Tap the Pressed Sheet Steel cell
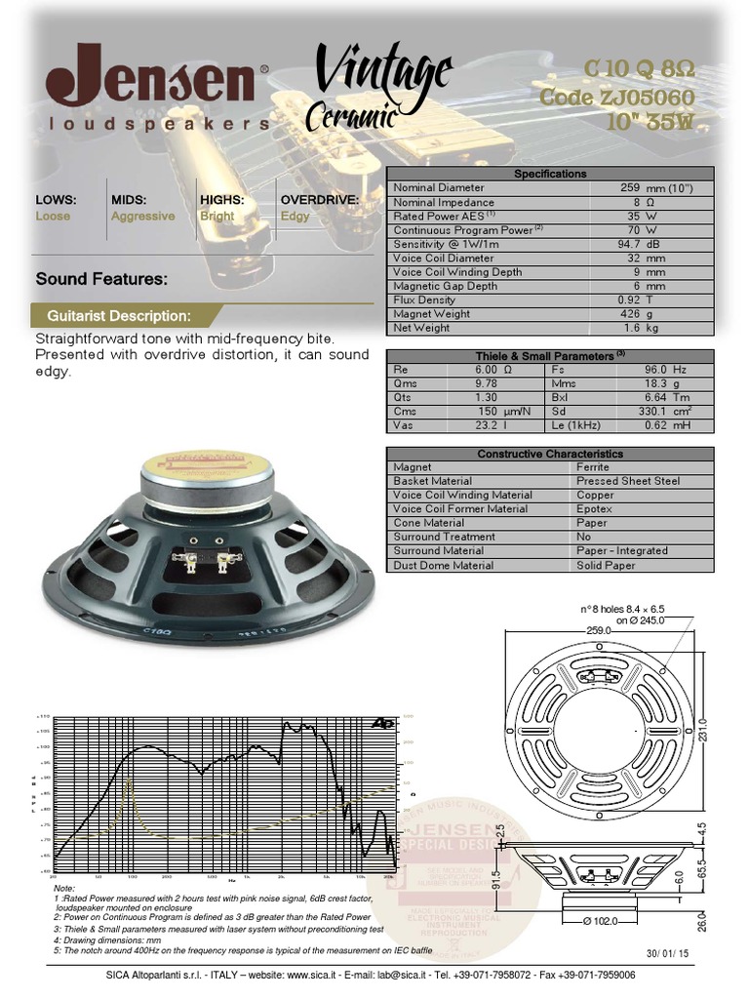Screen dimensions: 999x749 pyautogui.click(x=628, y=481)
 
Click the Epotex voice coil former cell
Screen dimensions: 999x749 pyautogui.click(x=594, y=508)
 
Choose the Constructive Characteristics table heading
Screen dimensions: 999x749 pyautogui.click(x=550, y=454)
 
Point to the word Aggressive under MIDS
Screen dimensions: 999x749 pyautogui.click(x=143, y=217)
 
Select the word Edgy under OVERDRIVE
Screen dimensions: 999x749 pyautogui.click(x=296, y=217)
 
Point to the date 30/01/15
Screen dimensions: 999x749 pyautogui.click(x=666, y=952)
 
